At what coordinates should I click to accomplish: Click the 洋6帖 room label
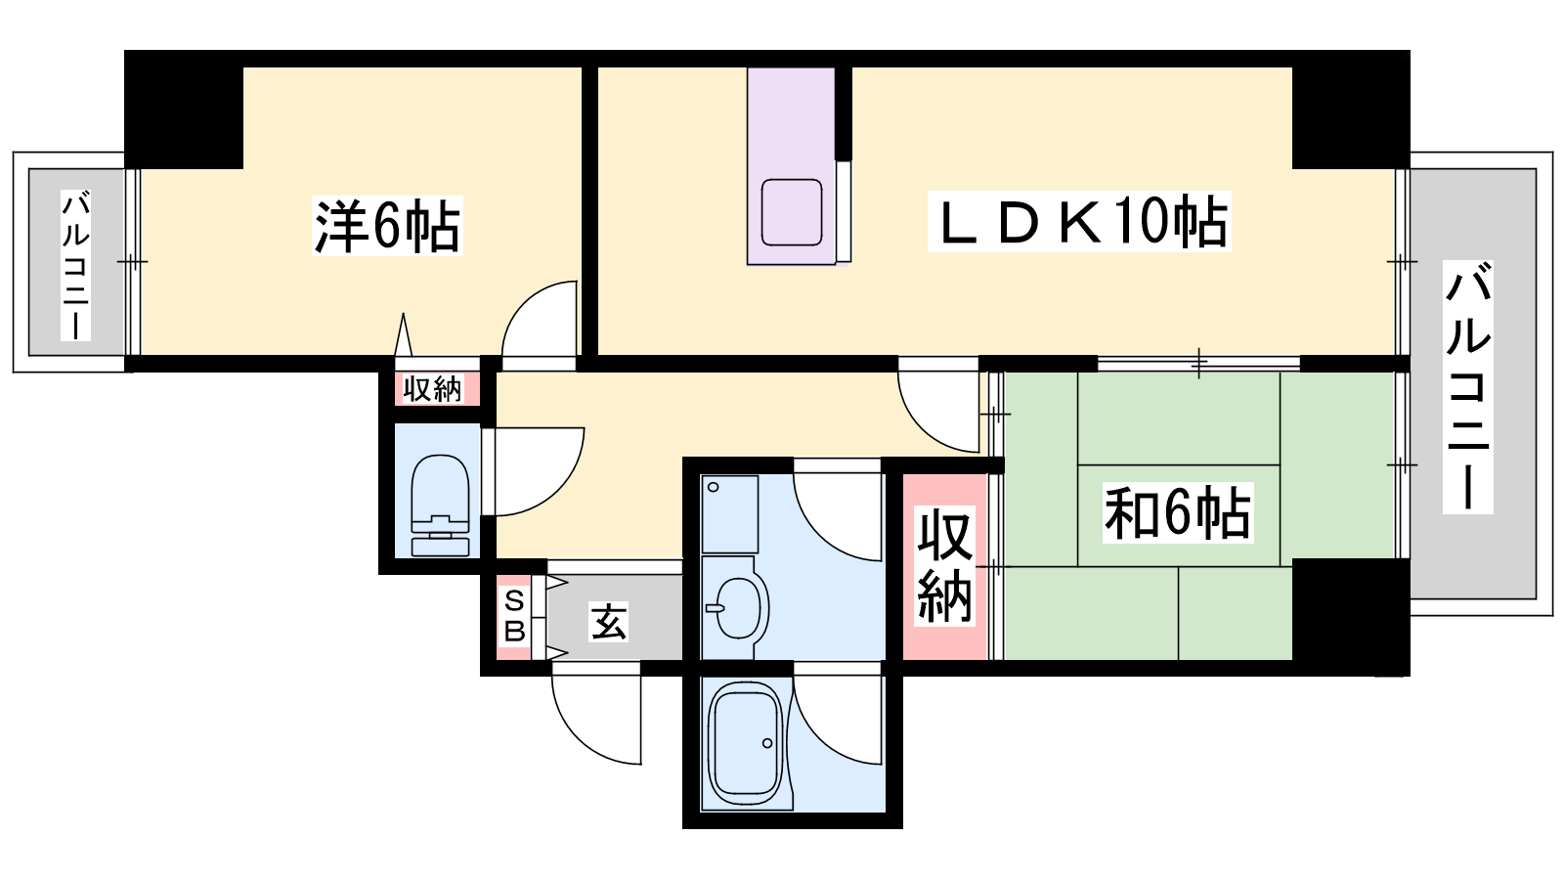(x=387, y=226)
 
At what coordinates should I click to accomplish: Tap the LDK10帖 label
(x=1079, y=221)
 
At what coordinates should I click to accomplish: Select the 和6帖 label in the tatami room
(x=1178, y=512)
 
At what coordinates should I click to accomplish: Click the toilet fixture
(x=440, y=506)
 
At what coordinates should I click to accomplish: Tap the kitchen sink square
(x=791, y=212)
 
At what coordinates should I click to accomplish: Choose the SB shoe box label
(x=514, y=615)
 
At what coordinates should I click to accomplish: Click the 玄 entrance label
(x=608, y=622)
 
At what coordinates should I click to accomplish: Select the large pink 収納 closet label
(x=944, y=566)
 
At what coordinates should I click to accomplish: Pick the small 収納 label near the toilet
(x=433, y=389)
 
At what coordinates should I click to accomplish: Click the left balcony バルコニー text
(x=75, y=265)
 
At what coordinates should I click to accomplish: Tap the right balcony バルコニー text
(x=1467, y=387)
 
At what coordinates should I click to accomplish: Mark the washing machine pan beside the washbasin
(x=729, y=514)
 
